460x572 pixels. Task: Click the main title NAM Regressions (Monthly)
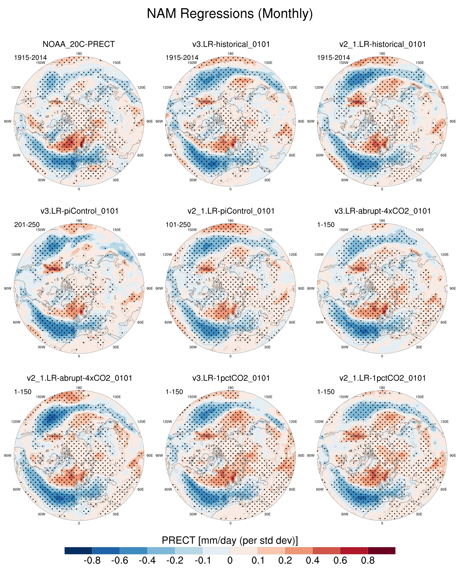tap(230, 13)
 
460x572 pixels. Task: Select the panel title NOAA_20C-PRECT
tap(79, 44)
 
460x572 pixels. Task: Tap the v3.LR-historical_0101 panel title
tap(231, 44)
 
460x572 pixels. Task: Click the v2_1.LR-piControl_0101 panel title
tap(231, 211)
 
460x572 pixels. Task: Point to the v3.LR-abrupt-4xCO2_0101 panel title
tap(382, 211)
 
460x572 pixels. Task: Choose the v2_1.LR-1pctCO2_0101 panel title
tap(382, 378)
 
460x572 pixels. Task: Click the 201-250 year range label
tap(27, 225)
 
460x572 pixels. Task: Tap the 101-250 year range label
tap(178, 225)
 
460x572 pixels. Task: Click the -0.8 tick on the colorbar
tap(92, 561)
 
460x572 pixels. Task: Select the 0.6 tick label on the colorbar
tap(340, 561)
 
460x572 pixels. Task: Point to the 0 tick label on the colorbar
tap(230, 561)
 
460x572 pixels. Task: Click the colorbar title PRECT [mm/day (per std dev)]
tap(230, 540)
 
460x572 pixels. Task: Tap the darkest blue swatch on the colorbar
tap(78, 550)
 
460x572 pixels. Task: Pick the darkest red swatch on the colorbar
tap(381, 550)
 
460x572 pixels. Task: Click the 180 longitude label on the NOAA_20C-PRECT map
tap(79, 54)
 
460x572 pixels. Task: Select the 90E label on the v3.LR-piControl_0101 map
tap(149, 288)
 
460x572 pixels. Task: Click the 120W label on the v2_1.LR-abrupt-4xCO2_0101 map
tap(16, 422)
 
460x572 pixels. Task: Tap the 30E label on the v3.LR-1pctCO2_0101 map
tap(267, 514)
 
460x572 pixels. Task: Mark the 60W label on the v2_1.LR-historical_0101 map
tap(320, 155)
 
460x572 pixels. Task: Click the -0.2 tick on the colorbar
tap(175, 561)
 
